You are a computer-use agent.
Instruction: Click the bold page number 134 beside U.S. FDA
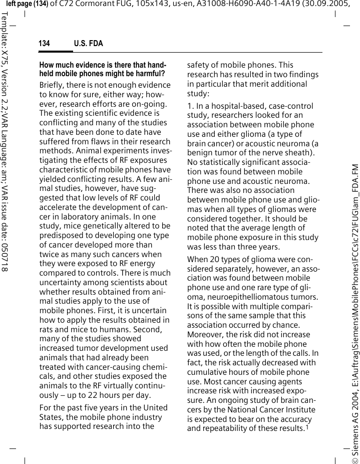(x=44, y=44)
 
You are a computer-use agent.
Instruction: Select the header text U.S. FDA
(x=88, y=44)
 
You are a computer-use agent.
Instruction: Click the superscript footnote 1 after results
(x=306, y=427)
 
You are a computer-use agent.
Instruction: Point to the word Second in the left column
(x=147, y=329)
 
